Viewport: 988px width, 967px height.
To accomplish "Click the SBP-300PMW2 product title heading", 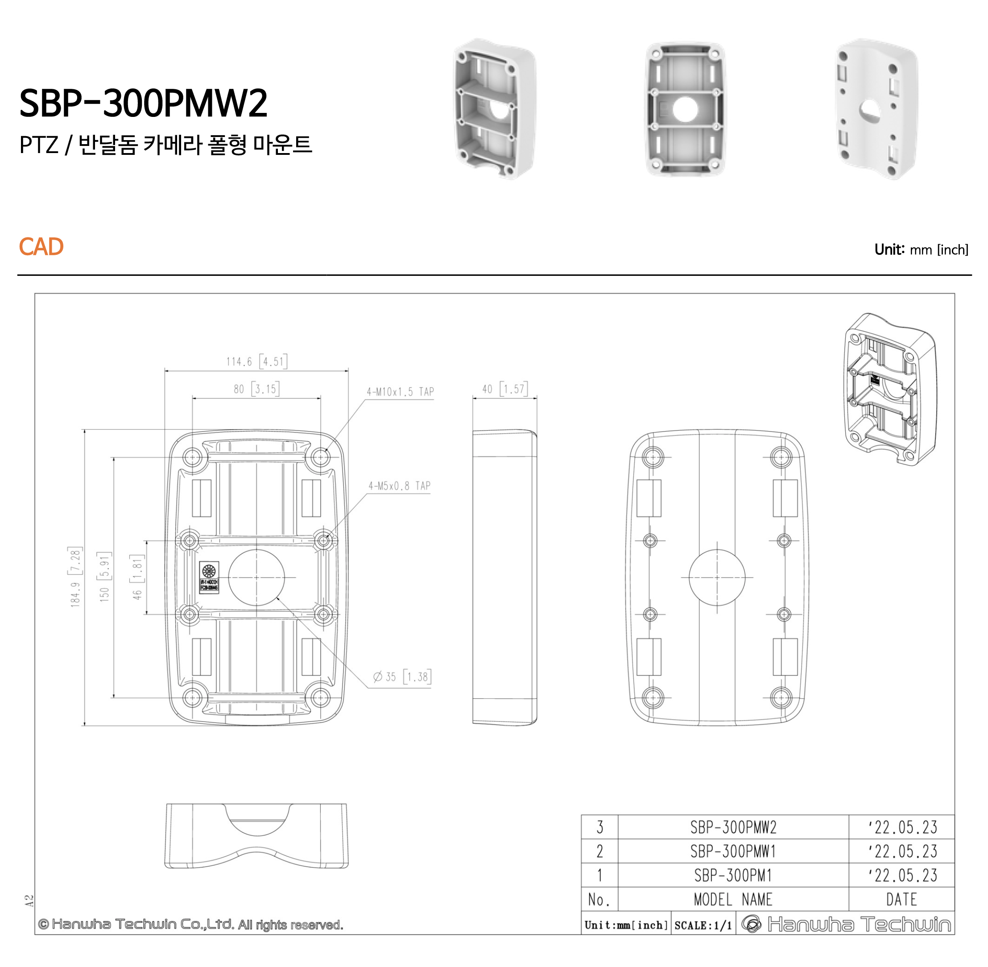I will [x=143, y=103].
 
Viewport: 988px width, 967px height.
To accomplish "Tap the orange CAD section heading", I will [x=41, y=247].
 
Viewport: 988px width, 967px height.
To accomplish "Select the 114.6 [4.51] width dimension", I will [x=256, y=361].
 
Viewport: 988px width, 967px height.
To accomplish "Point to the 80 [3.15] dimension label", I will [x=256, y=389].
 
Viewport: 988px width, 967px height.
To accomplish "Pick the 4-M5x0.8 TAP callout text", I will [x=399, y=486].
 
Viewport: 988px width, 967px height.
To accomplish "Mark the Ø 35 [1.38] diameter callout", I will [x=401, y=677].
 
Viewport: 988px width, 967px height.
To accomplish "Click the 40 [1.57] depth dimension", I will [x=504, y=389].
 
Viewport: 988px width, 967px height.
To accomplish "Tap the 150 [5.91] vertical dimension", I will [x=104, y=577].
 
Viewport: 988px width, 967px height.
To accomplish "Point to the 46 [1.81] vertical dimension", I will [x=137, y=577].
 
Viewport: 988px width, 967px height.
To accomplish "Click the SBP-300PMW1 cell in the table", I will [x=732, y=851].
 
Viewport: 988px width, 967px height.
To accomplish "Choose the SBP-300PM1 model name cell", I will [x=732, y=876].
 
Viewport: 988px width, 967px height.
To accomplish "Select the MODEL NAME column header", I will [x=732, y=900].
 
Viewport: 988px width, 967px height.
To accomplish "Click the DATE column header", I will [x=901, y=900].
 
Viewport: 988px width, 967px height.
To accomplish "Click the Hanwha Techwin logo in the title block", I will [x=845, y=924].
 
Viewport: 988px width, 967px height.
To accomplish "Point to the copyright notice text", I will [x=191, y=924].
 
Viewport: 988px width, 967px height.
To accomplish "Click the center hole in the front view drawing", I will [x=256, y=577].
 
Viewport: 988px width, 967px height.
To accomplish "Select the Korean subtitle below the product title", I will [x=165, y=145].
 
